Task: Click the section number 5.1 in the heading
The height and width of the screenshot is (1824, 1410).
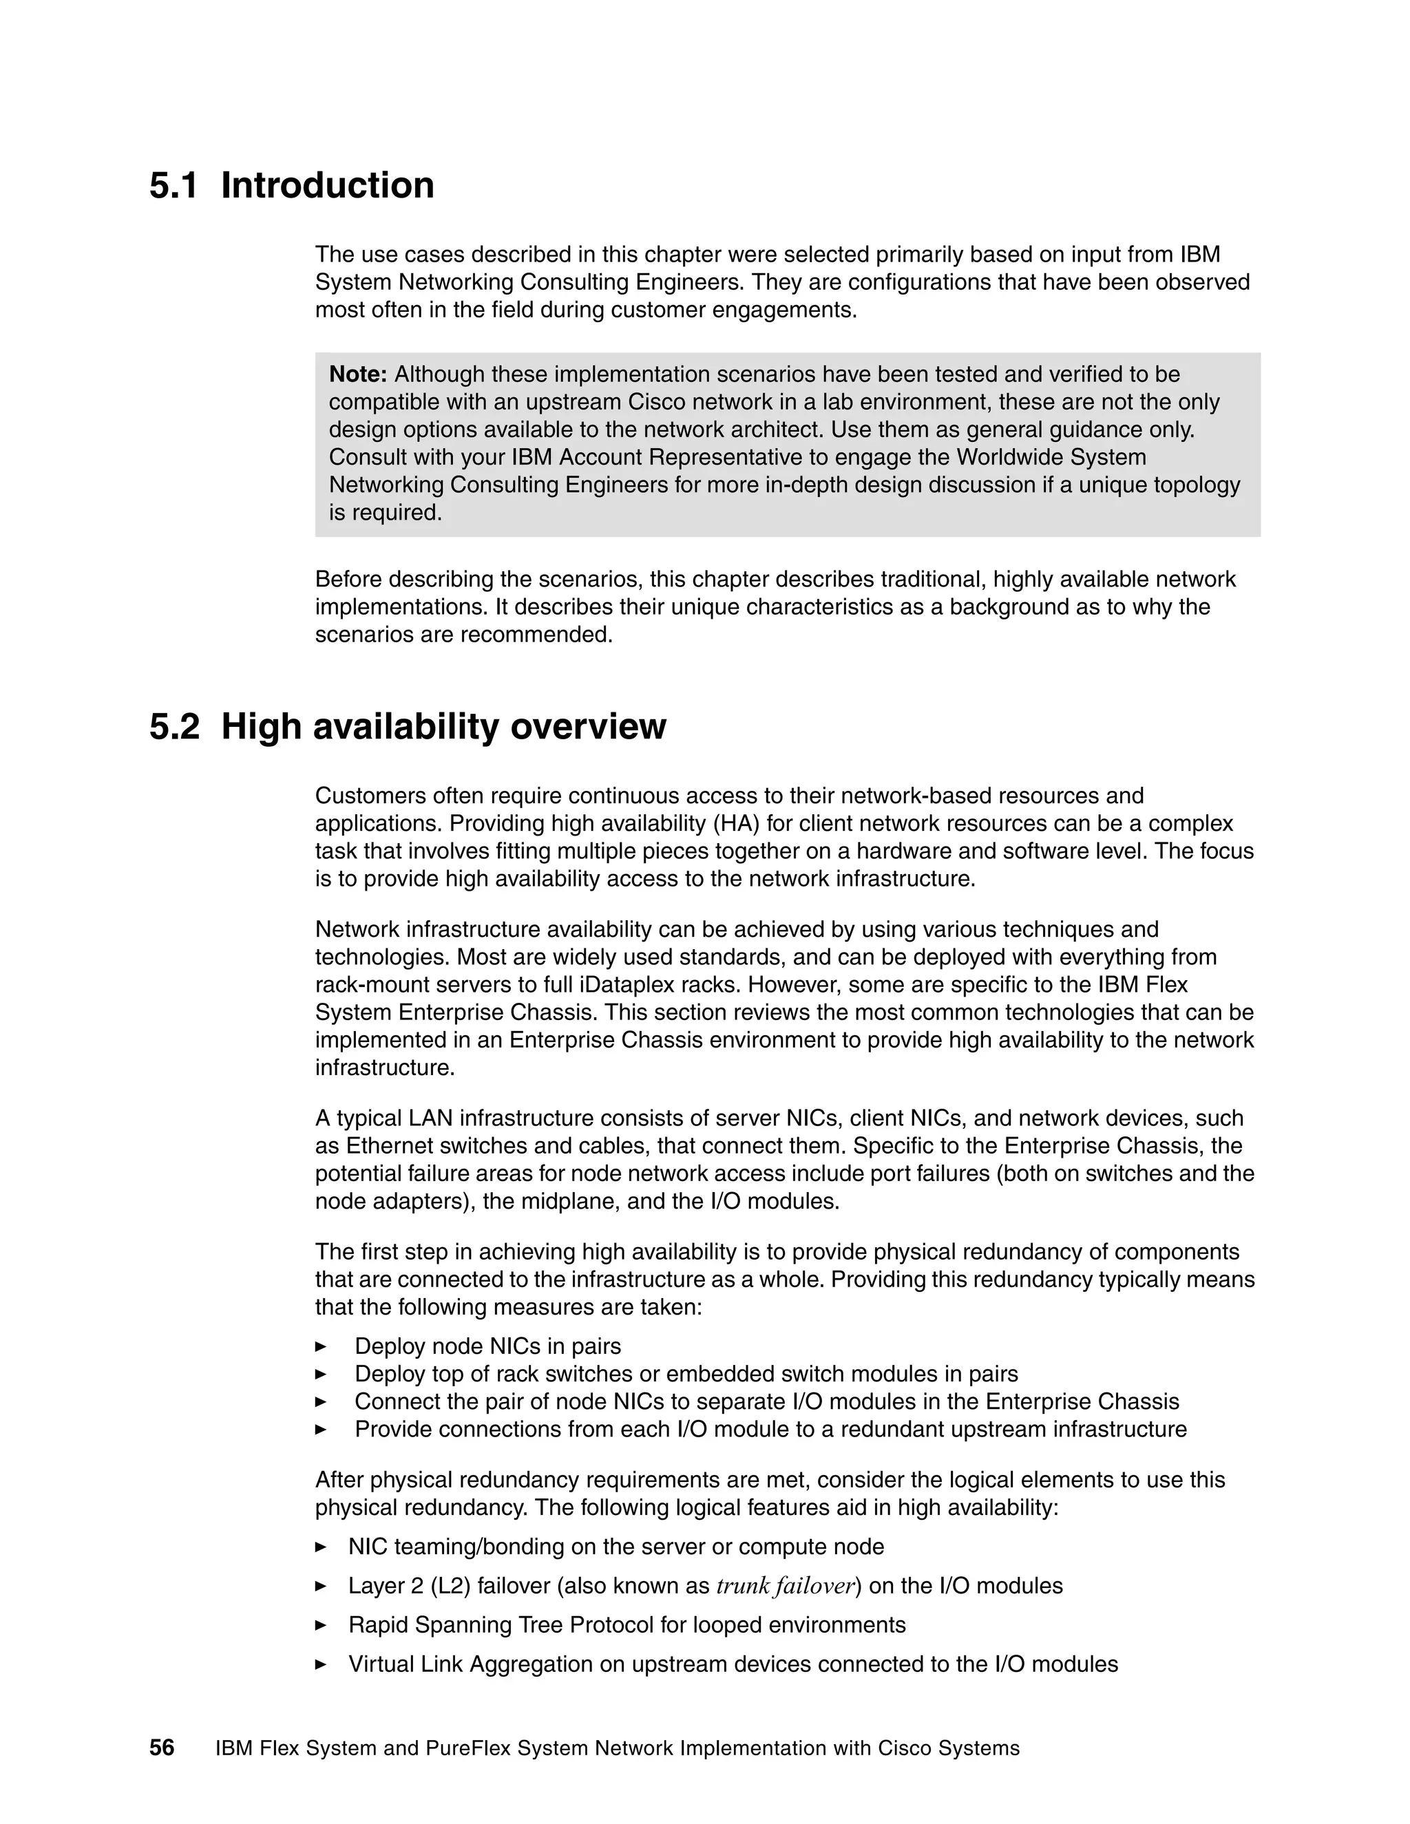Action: [x=173, y=185]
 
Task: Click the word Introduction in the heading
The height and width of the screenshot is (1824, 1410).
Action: [x=328, y=185]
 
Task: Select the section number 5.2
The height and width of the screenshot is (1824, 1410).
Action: [x=175, y=727]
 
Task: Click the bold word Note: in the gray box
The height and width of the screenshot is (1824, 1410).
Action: [x=358, y=374]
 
